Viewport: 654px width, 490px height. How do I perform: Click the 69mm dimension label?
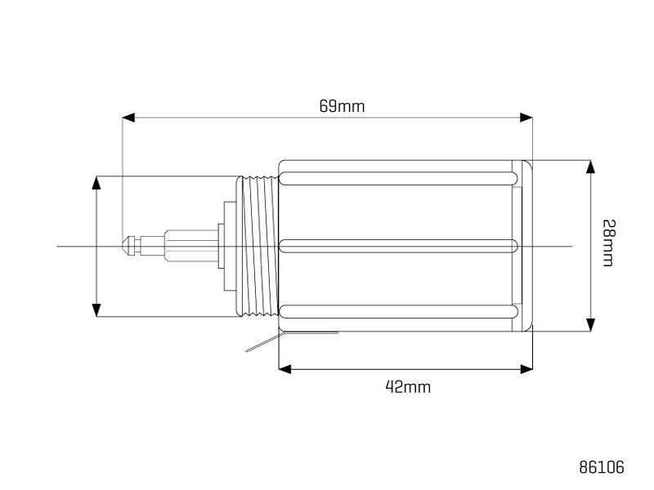coord(342,106)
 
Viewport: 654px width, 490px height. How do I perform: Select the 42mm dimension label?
coord(407,387)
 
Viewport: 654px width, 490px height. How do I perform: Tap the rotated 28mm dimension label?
coord(608,243)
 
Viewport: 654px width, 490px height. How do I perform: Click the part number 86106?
coord(602,467)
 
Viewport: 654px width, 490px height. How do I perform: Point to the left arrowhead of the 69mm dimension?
coord(128,118)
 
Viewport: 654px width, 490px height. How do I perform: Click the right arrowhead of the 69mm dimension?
coord(526,118)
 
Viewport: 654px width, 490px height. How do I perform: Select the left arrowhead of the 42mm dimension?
coord(284,369)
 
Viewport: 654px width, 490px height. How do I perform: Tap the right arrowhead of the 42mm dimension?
coord(526,369)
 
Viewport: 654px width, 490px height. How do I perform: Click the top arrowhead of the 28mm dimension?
coord(590,167)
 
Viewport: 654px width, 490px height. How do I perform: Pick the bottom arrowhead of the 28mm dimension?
coord(590,325)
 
